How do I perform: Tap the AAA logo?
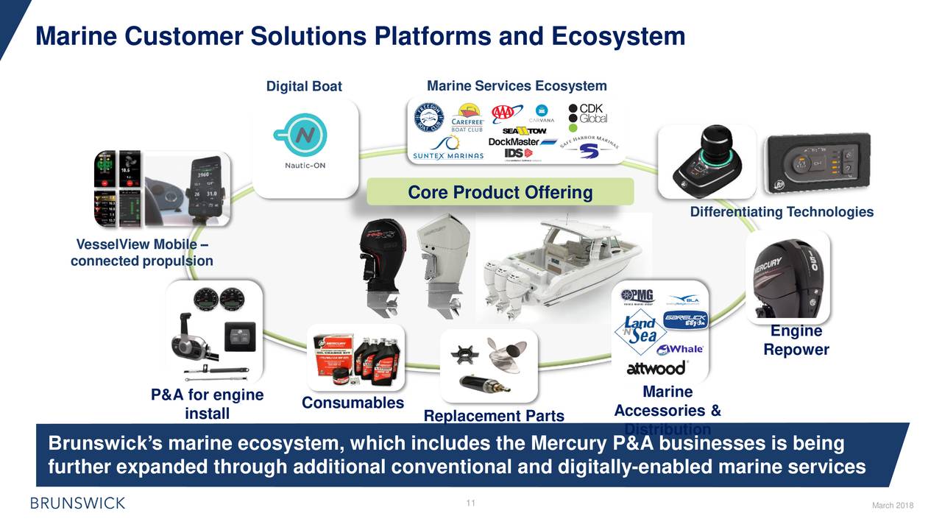point(506,113)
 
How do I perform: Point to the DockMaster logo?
point(523,141)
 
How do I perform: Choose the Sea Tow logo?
point(525,130)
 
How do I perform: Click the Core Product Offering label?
point(500,192)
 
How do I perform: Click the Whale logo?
point(680,350)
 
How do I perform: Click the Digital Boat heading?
point(304,87)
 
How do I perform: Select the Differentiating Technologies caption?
point(782,212)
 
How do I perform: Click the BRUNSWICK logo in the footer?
point(77,504)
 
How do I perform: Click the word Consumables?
point(353,403)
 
